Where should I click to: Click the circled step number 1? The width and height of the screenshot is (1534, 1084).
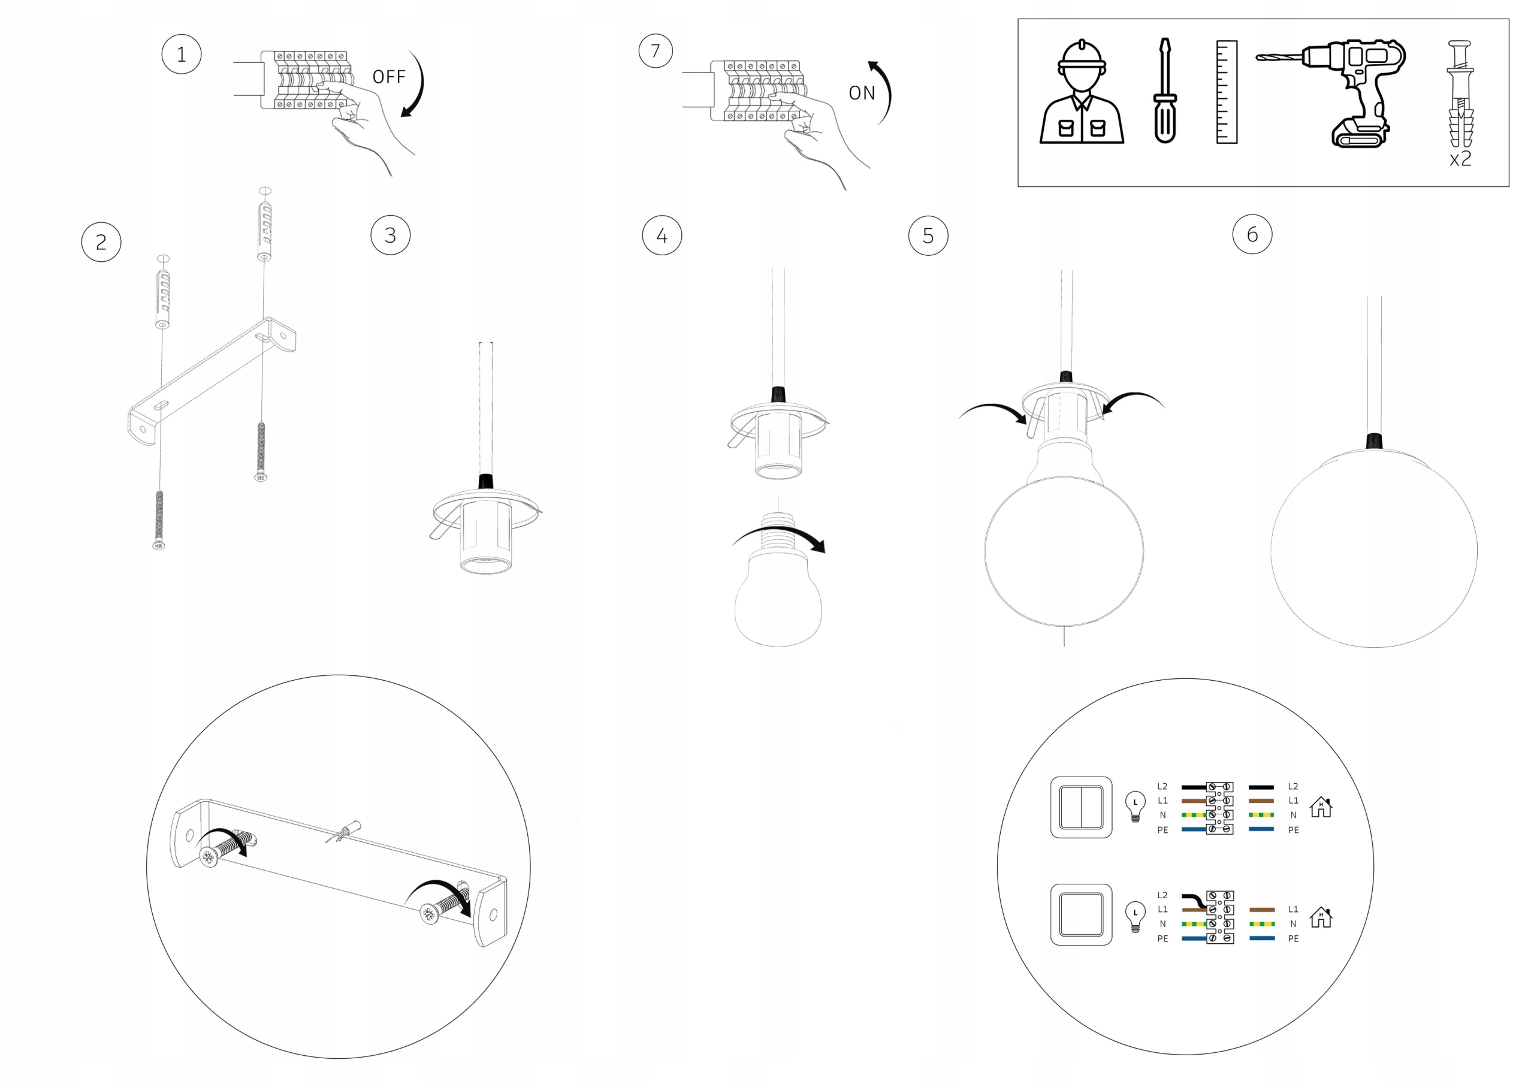[x=181, y=54]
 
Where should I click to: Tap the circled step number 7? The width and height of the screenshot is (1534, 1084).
[x=656, y=51]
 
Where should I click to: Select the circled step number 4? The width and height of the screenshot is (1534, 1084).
[x=662, y=235]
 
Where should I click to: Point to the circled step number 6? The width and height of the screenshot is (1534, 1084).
[x=1252, y=234]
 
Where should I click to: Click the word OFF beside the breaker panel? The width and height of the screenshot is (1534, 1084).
[x=389, y=77]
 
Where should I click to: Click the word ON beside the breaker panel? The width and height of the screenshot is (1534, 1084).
[x=862, y=93]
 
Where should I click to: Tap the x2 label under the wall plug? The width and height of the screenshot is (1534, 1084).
[x=1460, y=159]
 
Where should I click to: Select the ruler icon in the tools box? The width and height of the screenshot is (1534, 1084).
[x=1227, y=92]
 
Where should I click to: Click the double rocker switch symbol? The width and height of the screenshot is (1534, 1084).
[x=1081, y=807]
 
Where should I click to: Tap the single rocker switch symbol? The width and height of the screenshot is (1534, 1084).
[x=1081, y=914]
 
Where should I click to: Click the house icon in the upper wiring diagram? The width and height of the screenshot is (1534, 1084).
[x=1321, y=807]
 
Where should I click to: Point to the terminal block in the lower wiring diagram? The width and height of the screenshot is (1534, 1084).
[x=1219, y=917]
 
